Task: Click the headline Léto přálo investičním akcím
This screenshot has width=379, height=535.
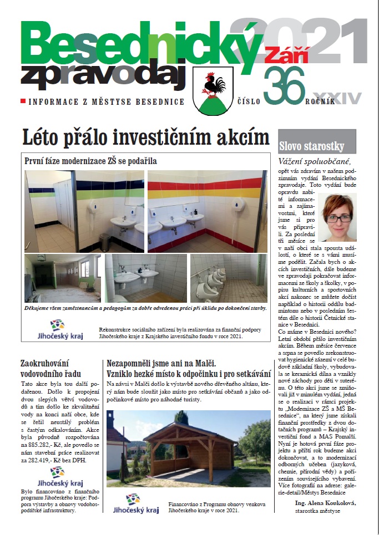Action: pos(145,136)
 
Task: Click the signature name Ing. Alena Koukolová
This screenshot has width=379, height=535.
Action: pos(325,503)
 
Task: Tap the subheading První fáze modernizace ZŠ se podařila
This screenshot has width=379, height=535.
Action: pos(91,161)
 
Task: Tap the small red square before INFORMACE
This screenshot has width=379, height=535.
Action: pos(23,101)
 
